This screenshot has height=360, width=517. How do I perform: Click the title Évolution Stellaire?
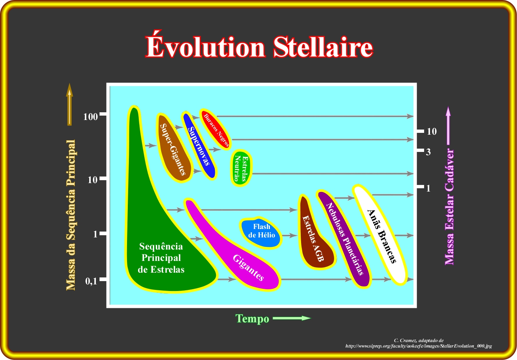pos(259,47)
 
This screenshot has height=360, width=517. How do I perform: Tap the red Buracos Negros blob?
pos(215,129)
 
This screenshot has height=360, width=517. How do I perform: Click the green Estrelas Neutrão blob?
pos(241,168)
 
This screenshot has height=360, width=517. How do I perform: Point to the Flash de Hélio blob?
pos(261,233)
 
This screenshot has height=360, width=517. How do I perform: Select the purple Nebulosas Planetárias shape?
pos(344,237)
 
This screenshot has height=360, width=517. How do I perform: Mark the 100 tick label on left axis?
pos(90,117)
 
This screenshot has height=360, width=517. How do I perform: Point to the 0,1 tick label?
pos(91,281)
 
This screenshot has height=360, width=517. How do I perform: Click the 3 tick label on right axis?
pos(428,152)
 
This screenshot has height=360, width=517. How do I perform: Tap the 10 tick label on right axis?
pos(431,131)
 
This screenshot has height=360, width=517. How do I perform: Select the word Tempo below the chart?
pos(252,319)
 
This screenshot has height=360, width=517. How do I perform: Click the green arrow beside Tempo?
pos(292,318)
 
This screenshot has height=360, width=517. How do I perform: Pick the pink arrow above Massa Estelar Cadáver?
pos(448,126)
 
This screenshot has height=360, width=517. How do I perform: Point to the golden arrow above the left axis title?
pos(69,104)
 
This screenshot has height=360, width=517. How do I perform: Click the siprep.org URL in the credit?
pos(419,346)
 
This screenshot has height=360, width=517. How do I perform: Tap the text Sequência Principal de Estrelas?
pos(161,258)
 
